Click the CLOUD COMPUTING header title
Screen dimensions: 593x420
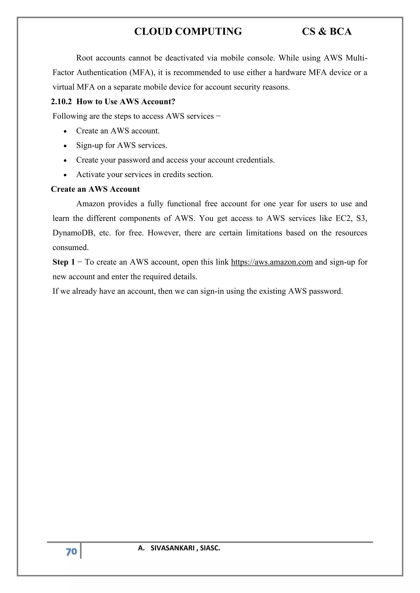(188, 32)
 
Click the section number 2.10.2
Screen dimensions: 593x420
(61, 102)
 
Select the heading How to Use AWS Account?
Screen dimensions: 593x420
(126, 102)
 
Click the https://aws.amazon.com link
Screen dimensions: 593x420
(272, 262)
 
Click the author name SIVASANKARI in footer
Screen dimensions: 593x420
(172, 548)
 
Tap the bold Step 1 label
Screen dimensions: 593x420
(64, 262)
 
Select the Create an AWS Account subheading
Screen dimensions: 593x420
(95, 189)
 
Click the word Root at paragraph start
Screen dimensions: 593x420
(84, 58)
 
